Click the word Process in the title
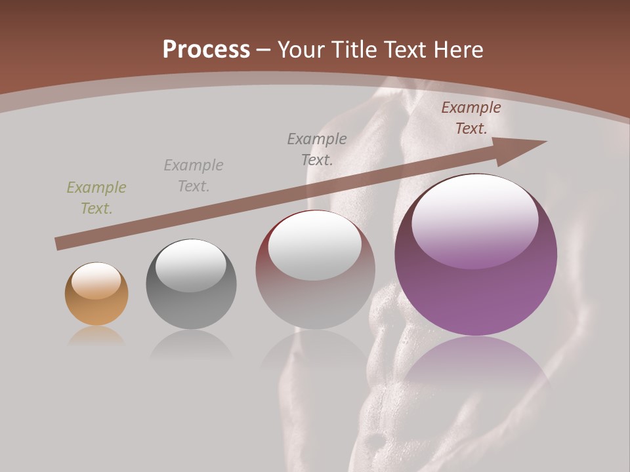[x=206, y=50]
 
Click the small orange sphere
[x=96, y=294]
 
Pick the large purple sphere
[x=476, y=256]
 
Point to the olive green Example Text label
[x=96, y=198]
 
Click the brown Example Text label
[x=471, y=118]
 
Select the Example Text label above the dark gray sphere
[x=194, y=176]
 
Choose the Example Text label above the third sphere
[x=317, y=149]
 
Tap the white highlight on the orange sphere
[x=96, y=280]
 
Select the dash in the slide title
[x=264, y=50]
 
